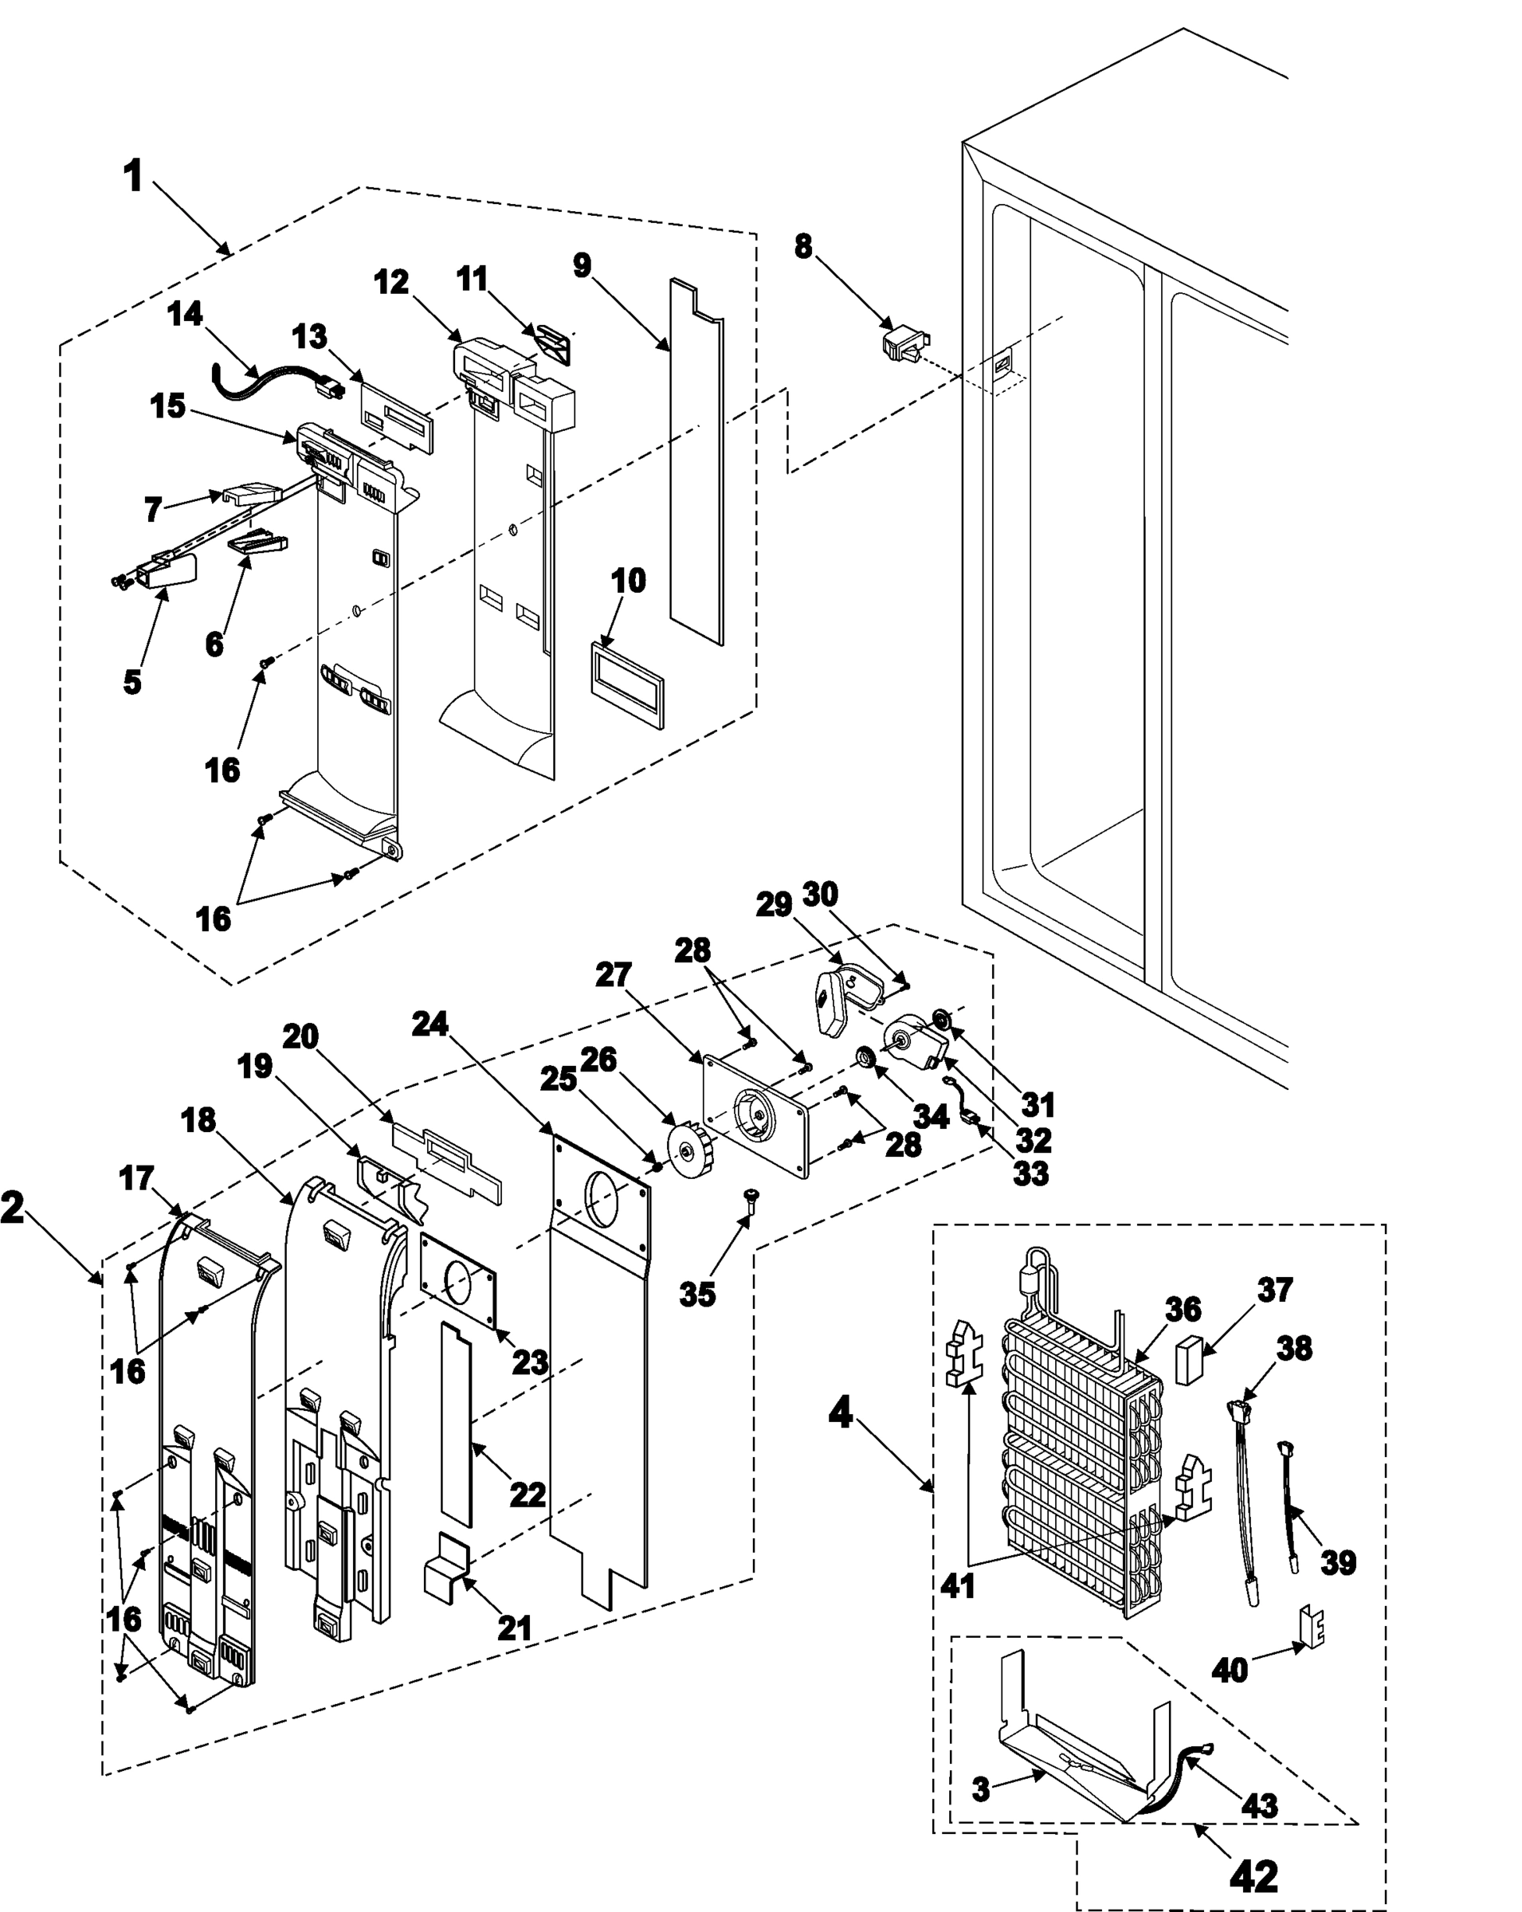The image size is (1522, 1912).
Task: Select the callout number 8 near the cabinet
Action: point(802,245)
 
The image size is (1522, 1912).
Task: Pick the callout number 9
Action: point(582,265)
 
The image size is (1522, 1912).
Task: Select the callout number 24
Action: point(430,1025)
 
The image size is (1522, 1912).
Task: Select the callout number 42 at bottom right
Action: point(1253,1875)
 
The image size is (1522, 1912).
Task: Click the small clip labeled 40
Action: point(1312,1625)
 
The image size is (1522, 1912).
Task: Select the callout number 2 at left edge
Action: point(13,1208)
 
